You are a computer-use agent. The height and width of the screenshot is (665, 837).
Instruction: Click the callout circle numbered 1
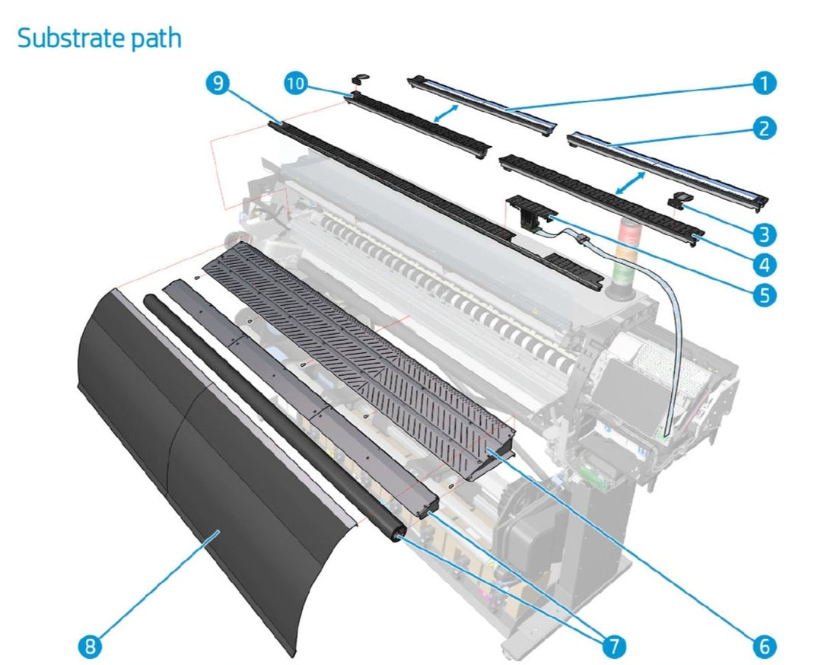point(765,83)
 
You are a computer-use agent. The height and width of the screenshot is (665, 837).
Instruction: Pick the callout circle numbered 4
point(765,263)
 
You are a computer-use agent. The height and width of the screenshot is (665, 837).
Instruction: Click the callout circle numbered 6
point(765,646)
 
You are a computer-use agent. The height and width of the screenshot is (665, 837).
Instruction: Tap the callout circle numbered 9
point(216,83)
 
